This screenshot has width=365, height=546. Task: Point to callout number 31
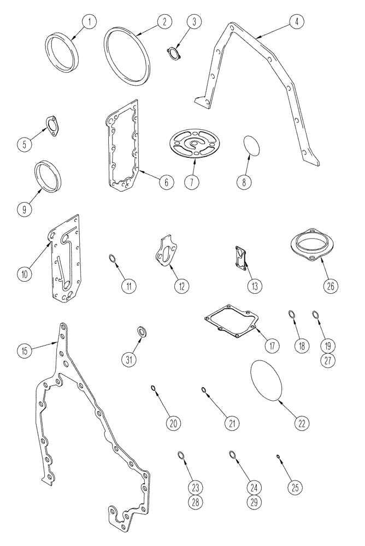click(x=128, y=359)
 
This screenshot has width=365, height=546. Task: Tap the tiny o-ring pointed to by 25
click(x=279, y=456)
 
